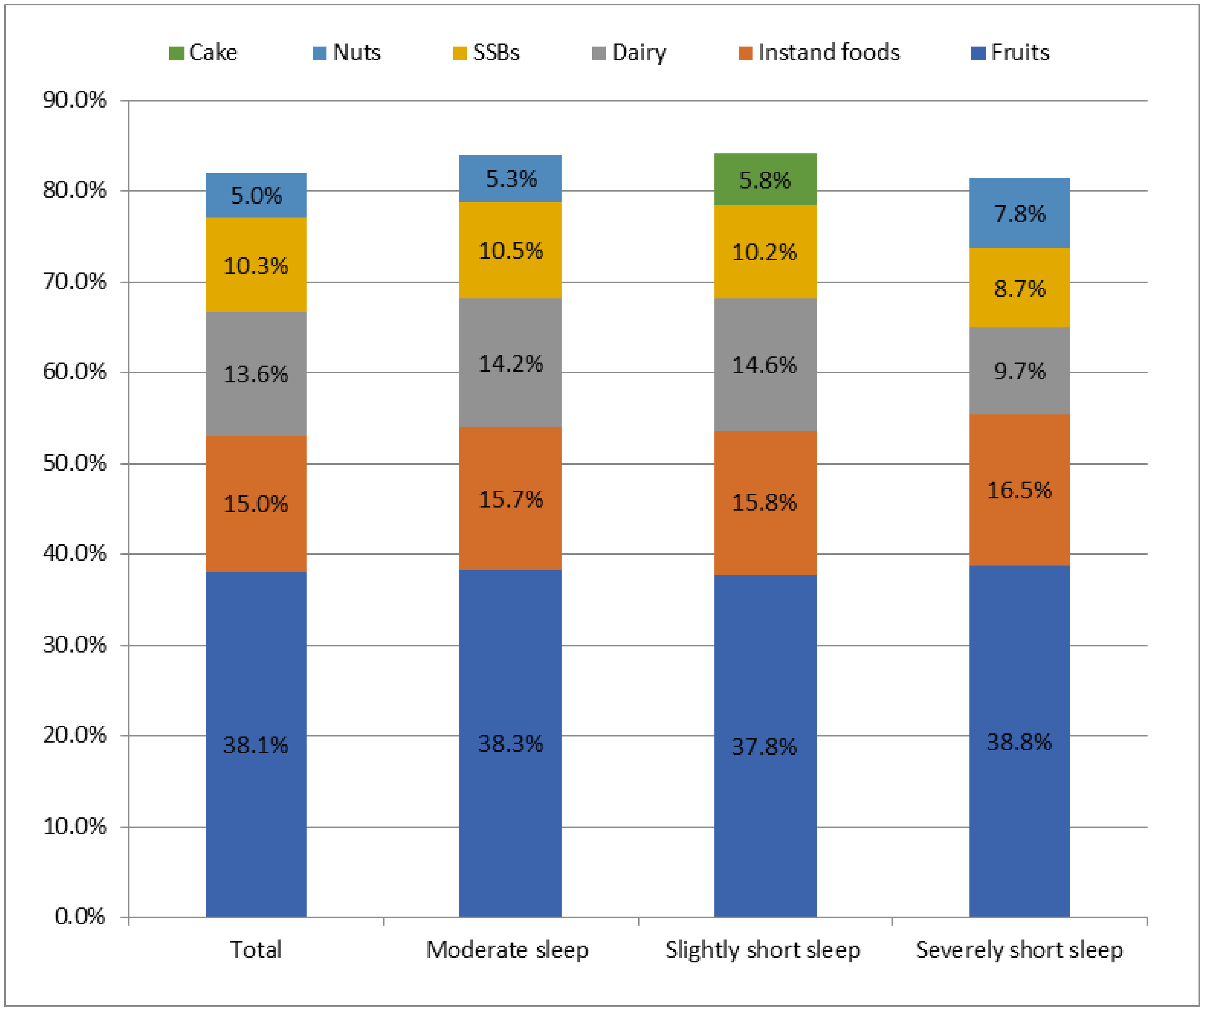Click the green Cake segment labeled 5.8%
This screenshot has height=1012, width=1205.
pyautogui.click(x=765, y=180)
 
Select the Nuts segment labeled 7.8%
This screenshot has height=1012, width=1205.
pyautogui.click(x=1019, y=213)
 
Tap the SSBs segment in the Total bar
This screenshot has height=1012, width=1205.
pyautogui.click(x=256, y=265)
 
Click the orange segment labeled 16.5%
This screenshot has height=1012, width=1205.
pyautogui.click(x=1019, y=490)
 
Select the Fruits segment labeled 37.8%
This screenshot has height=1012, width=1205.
pyautogui.click(x=765, y=746)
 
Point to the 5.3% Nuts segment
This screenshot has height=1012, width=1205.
pyautogui.click(x=510, y=179)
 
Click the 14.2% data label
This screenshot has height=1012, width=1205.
pyautogui.click(x=510, y=364)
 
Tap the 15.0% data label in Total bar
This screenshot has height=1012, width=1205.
pyautogui.click(x=256, y=504)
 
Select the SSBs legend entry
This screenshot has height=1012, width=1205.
pyautogui.click(x=487, y=53)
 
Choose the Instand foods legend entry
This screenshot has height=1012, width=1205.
pyautogui.click(x=820, y=53)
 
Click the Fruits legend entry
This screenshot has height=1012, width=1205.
pyautogui.click(x=1010, y=53)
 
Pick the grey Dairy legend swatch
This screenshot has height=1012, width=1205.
pyautogui.click(x=599, y=53)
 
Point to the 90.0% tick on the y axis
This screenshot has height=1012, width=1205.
pyautogui.click(x=74, y=100)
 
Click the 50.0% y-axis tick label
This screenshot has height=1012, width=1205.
pyautogui.click(x=74, y=463)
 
